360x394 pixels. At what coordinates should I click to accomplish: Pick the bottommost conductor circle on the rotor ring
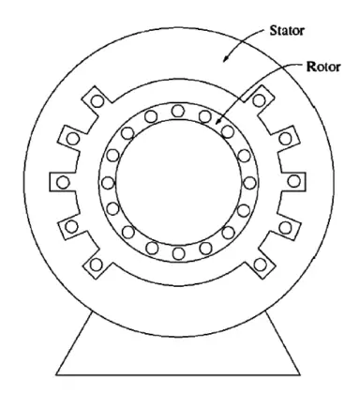[x=178, y=253]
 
